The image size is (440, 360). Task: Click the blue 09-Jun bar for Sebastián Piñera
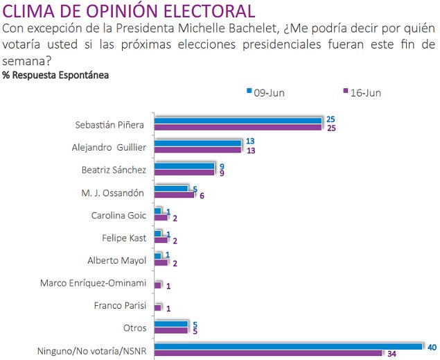click(238, 121)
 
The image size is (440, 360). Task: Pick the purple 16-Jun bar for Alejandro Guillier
click(197, 149)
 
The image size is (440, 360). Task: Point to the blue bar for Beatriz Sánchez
click(184, 165)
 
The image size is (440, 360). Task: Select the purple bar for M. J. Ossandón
click(174, 194)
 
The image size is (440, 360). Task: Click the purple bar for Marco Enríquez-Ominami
click(157, 284)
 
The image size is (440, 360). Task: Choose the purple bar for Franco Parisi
click(157, 307)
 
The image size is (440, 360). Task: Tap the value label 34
click(391, 354)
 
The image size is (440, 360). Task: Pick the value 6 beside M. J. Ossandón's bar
click(200, 196)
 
